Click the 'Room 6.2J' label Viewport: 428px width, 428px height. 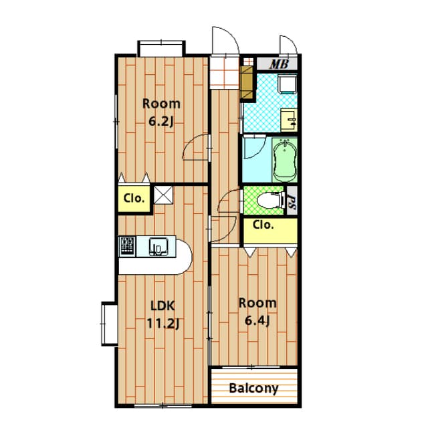click(161, 112)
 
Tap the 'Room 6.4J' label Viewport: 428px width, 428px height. click(257, 312)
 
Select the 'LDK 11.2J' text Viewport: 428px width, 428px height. click(162, 315)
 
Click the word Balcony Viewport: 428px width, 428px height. click(253, 388)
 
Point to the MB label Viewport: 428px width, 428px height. click(279, 65)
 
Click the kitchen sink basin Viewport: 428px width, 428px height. click(158, 247)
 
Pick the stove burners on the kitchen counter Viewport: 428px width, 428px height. click(128, 246)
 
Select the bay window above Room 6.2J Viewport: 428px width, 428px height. click(160, 49)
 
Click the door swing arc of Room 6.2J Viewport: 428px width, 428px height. click(198, 147)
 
